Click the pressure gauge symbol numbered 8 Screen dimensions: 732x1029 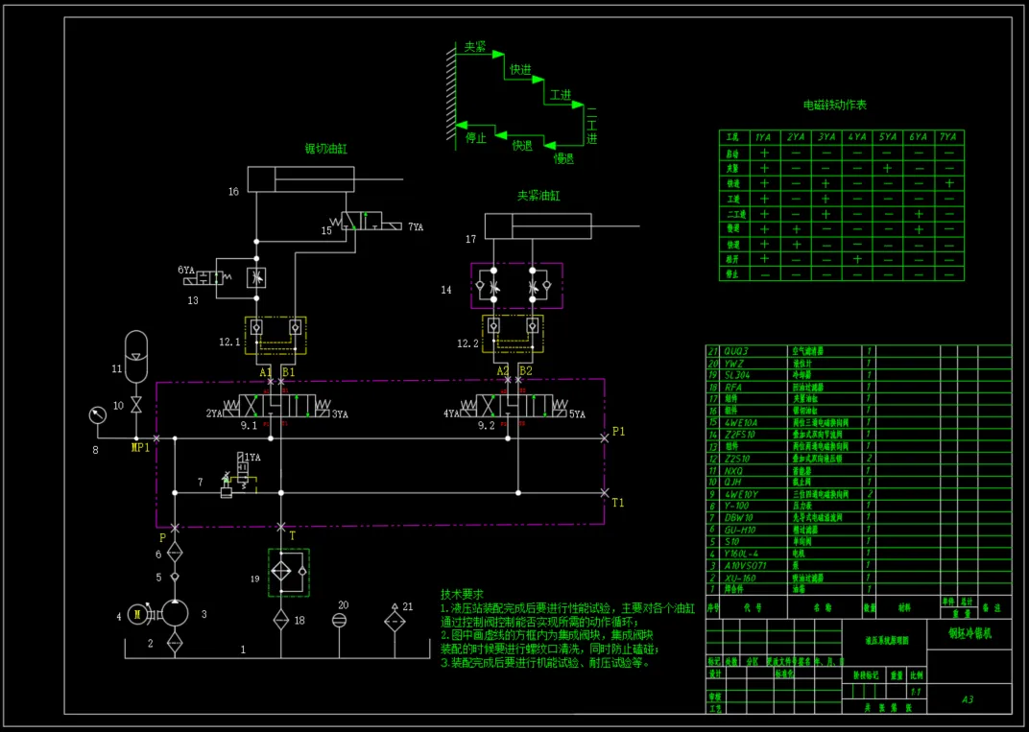[96, 415]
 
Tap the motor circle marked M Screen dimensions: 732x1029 [137, 615]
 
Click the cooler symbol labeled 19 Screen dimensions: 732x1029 [288, 571]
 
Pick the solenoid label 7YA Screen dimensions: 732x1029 [416, 227]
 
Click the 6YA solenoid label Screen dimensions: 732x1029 [186, 271]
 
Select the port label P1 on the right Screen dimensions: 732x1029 [619, 432]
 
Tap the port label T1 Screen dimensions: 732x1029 [619, 502]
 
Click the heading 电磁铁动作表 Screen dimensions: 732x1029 [835, 105]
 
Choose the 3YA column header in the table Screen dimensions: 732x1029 [826, 137]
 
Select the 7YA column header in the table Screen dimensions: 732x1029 [948, 137]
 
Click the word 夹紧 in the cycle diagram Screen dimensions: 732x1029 [475, 46]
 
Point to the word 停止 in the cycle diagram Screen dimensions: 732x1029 [476, 137]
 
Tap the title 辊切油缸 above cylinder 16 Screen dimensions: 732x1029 [325, 149]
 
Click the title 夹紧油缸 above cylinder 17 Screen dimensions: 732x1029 [538, 196]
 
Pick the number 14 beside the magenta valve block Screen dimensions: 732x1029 [446, 289]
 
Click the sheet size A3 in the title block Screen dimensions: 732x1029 [968, 699]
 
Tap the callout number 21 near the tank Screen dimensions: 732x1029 [408, 606]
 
